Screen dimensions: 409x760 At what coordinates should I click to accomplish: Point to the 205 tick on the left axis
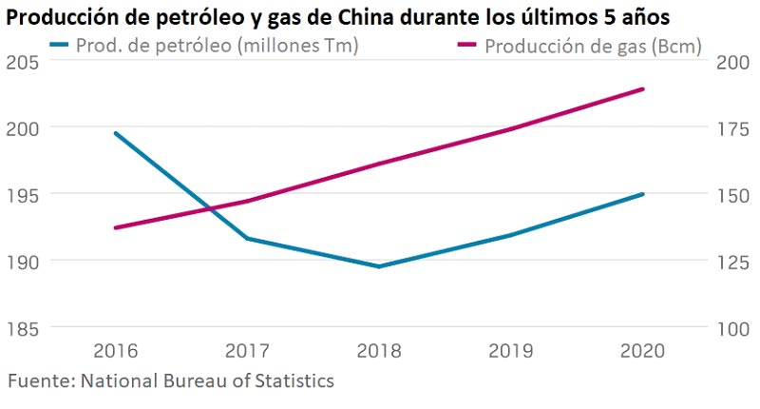pyautogui.click(x=20, y=61)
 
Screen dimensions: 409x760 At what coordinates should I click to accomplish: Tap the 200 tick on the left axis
pyautogui.click(x=20, y=127)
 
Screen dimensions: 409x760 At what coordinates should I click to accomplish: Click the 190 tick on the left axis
pyautogui.click(x=20, y=261)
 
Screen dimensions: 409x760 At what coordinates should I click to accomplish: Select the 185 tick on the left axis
pyautogui.click(x=20, y=328)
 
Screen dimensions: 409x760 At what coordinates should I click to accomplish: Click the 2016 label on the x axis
pyautogui.click(x=115, y=350)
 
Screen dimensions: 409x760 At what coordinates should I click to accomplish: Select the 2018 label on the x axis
pyautogui.click(x=378, y=350)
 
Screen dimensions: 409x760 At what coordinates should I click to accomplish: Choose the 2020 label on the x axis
pyautogui.click(x=642, y=350)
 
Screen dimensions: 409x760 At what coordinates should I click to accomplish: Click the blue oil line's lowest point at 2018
pyautogui.click(x=378, y=266)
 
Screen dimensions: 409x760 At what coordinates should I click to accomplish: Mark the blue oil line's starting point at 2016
pyautogui.click(x=115, y=133)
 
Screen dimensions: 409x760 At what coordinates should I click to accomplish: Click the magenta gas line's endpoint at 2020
pyautogui.click(x=643, y=89)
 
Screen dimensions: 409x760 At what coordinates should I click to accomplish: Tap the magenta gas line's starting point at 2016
pyautogui.click(x=115, y=227)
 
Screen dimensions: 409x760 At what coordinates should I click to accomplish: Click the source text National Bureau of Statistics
pyautogui.click(x=171, y=381)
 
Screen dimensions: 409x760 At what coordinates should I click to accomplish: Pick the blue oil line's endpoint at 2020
pyautogui.click(x=643, y=194)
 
